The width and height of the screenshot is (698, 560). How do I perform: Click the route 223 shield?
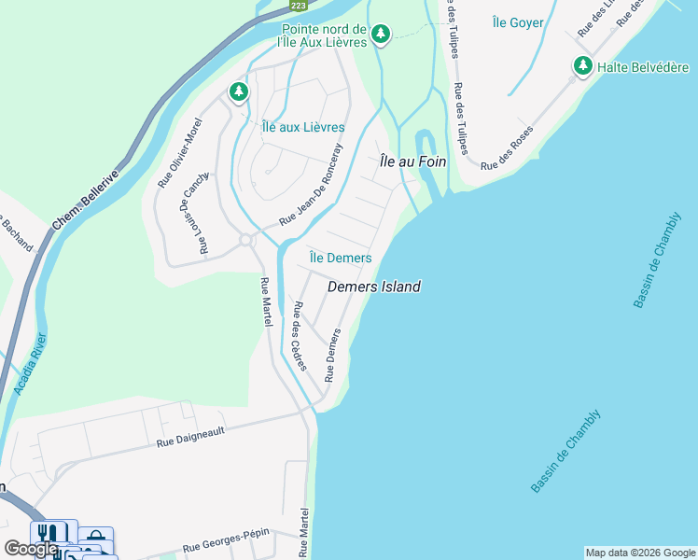pyautogui.click(x=298, y=6)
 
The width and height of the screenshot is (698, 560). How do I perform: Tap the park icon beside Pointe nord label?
pyautogui.click(x=380, y=35)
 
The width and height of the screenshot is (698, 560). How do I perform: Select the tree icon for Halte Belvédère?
pyautogui.click(x=583, y=66)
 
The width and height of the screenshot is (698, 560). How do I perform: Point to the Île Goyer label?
pyautogui.click(x=517, y=22)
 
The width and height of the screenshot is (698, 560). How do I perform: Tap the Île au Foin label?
pyautogui.click(x=412, y=161)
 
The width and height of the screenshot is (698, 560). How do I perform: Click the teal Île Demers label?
pyautogui.click(x=341, y=258)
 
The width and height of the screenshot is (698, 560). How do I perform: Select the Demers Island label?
pyautogui.click(x=374, y=287)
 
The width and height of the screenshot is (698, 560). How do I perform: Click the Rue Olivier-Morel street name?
pyautogui.click(x=180, y=153)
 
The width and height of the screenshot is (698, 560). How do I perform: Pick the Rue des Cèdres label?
pyautogui.click(x=299, y=336)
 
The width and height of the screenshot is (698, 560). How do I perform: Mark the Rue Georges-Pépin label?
pyautogui.click(x=226, y=539)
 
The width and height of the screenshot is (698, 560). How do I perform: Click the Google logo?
pyautogui.click(x=31, y=549)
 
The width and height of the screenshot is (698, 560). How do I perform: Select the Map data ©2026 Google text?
pyautogui.click(x=639, y=553)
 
